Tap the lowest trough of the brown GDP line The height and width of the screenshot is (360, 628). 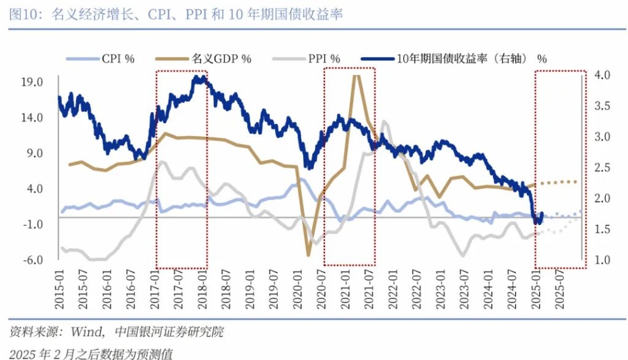[x=308, y=255]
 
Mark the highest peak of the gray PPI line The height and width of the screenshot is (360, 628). [x=385, y=121]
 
